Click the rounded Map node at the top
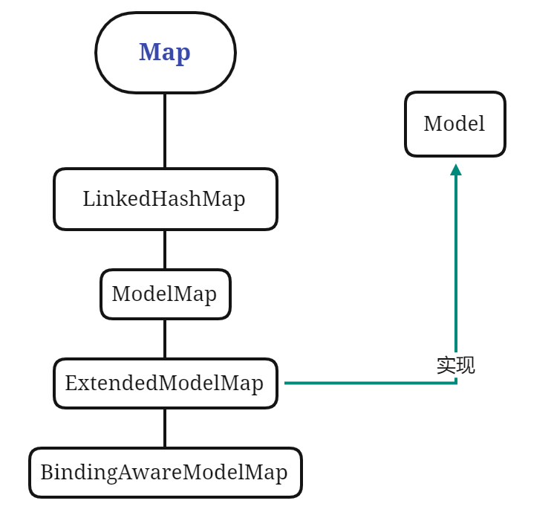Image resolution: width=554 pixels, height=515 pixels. click(x=165, y=53)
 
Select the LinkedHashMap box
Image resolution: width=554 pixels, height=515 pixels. click(x=165, y=199)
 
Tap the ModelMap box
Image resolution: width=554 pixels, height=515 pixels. click(x=165, y=294)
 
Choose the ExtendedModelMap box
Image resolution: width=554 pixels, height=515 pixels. click(x=165, y=383)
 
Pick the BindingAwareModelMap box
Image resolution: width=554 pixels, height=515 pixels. click(x=165, y=473)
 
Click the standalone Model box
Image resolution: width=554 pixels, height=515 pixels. click(x=454, y=124)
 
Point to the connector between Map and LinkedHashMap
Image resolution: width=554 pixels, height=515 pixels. click(x=165, y=131)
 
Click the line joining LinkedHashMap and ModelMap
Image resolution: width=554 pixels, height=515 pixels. click(x=165, y=250)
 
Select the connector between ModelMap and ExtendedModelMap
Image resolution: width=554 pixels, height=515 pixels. click(x=165, y=339)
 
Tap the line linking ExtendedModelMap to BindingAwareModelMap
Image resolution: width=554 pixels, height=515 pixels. click(x=165, y=428)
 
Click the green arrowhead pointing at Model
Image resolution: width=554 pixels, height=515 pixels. click(x=455, y=170)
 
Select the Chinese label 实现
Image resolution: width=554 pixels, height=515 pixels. click(x=455, y=366)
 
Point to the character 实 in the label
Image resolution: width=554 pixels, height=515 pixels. click(x=446, y=366)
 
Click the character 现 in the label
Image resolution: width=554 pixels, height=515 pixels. click(x=465, y=366)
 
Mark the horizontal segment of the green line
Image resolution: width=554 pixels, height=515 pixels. click(x=364, y=383)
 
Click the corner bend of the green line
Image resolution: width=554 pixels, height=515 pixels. click(x=455, y=382)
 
